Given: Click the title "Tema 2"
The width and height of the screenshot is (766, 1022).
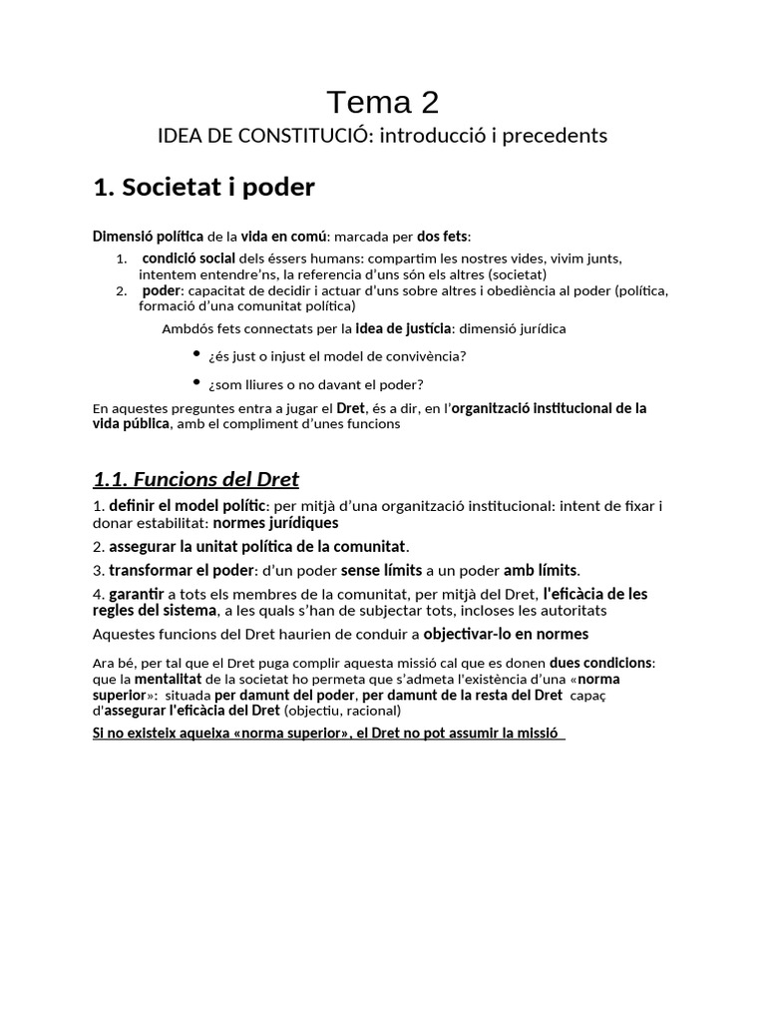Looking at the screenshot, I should pos(383,102).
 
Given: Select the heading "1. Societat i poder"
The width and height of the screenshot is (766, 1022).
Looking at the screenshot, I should pos(202,188).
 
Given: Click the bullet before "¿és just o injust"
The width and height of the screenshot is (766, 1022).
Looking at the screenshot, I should pos(197,354).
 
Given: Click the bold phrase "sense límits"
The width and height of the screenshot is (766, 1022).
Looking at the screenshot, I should pos(382,570).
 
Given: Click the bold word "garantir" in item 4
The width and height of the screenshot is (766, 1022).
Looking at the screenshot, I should pos(137,594).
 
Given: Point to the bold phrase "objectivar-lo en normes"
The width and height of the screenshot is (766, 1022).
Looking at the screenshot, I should pos(506,634).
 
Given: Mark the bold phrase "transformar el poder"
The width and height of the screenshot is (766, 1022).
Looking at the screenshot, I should pos(175,570).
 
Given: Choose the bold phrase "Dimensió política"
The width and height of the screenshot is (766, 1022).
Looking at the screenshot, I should pos(147,237).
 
